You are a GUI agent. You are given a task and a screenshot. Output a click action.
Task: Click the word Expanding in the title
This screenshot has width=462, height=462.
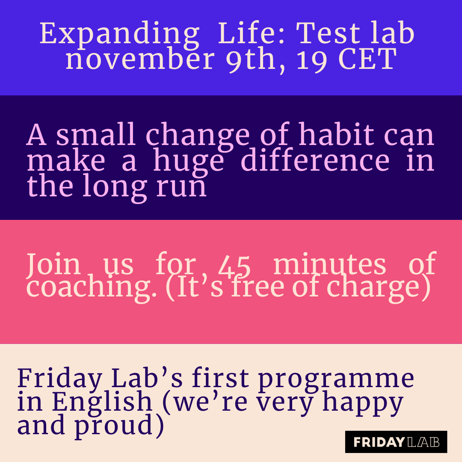tap(119, 34)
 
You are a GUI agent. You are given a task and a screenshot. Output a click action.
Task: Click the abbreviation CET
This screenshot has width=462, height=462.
tap(367, 59)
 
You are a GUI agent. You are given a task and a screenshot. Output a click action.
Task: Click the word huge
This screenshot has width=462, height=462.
tap(189, 162)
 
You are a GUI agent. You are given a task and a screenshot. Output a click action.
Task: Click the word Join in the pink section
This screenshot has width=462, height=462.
tap(53, 264)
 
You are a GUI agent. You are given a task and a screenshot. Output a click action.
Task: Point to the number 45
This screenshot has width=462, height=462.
tap(234, 265)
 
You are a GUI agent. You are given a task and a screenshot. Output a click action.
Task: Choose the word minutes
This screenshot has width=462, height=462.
tap(329, 264)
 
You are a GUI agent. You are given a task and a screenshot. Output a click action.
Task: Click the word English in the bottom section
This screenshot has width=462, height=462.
tap(102, 402)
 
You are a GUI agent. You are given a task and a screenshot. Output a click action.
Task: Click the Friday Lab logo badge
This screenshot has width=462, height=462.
tap(396, 442)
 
